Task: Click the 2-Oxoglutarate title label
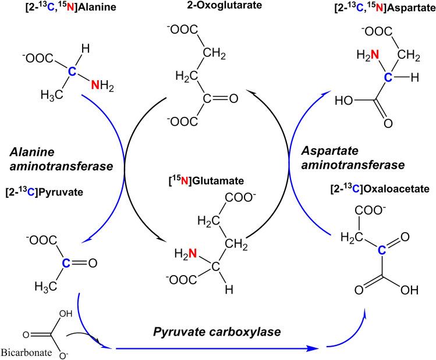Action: (x=224, y=5)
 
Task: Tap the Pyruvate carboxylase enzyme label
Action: (x=217, y=332)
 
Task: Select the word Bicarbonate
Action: (x=26, y=352)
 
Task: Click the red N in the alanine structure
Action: (x=95, y=85)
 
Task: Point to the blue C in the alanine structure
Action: (x=72, y=72)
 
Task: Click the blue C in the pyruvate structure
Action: (x=66, y=263)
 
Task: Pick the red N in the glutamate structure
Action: (x=193, y=253)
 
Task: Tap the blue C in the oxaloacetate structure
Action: (x=382, y=251)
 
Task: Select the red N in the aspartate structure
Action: (x=375, y=55)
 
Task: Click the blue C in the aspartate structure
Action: (x=388, y=77)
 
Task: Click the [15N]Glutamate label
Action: (x=206, y=181)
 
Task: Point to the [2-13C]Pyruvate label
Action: (x=44, y=192)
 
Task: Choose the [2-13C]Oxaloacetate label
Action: (x=380, y=189)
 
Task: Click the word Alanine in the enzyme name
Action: (x=32, y=152)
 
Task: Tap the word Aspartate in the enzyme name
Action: (x=330, y=151)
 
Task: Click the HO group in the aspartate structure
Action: (x=344, y=100)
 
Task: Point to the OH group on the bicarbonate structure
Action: (x=66, y=314)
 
